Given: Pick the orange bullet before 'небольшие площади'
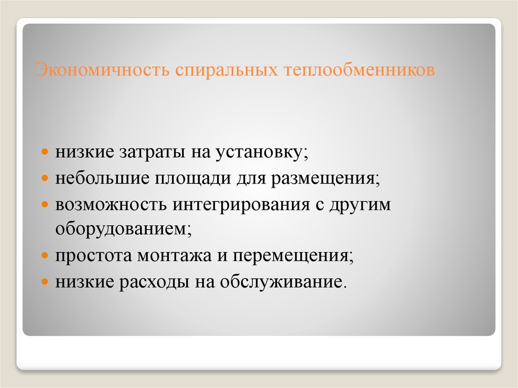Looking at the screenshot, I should coord(45,179).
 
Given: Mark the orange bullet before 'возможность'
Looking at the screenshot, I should coord(45,204).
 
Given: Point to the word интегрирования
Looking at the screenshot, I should coord(240,205).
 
